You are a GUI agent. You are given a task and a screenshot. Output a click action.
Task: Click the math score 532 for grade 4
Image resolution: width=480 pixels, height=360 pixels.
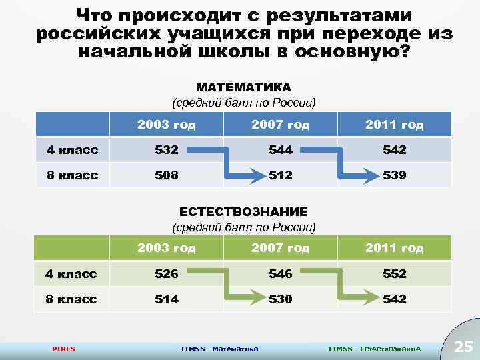tap(167, 150)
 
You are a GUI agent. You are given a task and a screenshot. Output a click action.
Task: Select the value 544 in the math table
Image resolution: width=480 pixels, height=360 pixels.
tap(281, 150)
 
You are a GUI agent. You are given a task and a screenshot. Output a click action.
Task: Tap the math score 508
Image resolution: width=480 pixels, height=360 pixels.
tap(167, 176)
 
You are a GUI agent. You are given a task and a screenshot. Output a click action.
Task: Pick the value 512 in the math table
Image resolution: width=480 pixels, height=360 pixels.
tap(281, 176)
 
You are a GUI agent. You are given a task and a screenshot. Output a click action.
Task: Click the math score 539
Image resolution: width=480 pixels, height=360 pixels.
tap(395, 176)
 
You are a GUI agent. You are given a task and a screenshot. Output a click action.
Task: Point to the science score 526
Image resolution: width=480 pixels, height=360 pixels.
tap(167, 274)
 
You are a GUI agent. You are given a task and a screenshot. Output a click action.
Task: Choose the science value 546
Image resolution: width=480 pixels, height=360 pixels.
tap(281, 274)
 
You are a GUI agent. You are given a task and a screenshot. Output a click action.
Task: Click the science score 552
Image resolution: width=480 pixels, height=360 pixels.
tap(395, 274)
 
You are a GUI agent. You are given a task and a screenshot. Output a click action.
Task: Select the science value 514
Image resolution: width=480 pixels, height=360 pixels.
tap(167, 299)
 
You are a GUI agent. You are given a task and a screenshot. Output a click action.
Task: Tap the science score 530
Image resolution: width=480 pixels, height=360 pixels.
tap(281, 299)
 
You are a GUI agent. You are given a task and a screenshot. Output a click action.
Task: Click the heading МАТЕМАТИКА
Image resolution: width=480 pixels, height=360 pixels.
tap(243, 87)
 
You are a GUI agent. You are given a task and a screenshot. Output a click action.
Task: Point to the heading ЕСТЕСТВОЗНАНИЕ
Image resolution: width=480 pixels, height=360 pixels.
tap(243, 211)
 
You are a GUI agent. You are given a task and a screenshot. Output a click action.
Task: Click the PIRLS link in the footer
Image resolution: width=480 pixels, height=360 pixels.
tap(63, 349)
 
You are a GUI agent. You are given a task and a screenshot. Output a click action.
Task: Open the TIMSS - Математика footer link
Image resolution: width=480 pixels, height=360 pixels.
tap(219, 349)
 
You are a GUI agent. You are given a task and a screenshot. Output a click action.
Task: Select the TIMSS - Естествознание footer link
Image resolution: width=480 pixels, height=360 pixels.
tap(374, 349)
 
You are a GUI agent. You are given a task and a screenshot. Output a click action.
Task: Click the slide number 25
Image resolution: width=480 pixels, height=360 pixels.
tap(463, 346)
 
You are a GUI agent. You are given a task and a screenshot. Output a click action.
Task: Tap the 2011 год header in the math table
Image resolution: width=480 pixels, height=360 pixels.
tap(395, 125)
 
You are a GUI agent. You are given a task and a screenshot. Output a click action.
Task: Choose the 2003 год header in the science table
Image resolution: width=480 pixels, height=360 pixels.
tap(167, 248)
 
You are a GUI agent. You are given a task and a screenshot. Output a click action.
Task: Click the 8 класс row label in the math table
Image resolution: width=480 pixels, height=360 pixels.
tap(72, 176)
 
